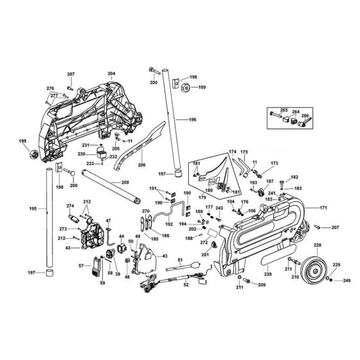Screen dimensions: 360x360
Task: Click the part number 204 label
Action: (x=111, y=75)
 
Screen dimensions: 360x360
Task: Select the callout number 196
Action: (x=192, y=120)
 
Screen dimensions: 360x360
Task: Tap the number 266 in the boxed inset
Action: (x=305, y=116)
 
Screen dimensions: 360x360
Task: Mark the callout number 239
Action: (x=267, y=275)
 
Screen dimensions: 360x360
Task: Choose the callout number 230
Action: (x=82, y=154)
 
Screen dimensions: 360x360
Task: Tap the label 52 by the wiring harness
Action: (x=186, y=285)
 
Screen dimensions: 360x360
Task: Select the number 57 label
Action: (x=81, y=265)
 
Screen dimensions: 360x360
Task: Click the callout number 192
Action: (x=169, y=225)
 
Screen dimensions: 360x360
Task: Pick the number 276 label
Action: (x=50, y=88)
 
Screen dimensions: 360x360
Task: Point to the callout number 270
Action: (x=146, y=212)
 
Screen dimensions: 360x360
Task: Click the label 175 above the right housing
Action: (x=244, y=152)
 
